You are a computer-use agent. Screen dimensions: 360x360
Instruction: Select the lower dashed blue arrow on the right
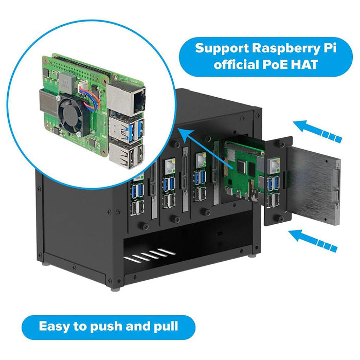coord(311,240)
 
